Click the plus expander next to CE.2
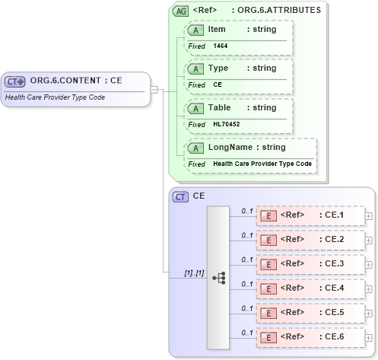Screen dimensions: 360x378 click(369, 241)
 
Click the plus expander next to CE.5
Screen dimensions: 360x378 click(369, 314)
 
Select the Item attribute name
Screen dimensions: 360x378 click(217, 29)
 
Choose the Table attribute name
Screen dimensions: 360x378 click(219, 107)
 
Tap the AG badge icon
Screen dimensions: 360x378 click(180, 11)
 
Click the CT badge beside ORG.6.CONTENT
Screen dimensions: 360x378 click(15, 81)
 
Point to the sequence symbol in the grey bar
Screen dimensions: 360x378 click(218, 278)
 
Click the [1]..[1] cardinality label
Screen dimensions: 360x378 click(194, 272)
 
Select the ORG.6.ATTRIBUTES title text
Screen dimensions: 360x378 click(279, 11)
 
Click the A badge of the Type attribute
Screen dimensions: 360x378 click(195, 68)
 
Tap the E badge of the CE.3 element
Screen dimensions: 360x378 click(268, 265)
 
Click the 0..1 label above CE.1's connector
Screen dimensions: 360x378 click(246, 209)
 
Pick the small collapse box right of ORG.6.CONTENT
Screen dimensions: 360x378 click(154, 89)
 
